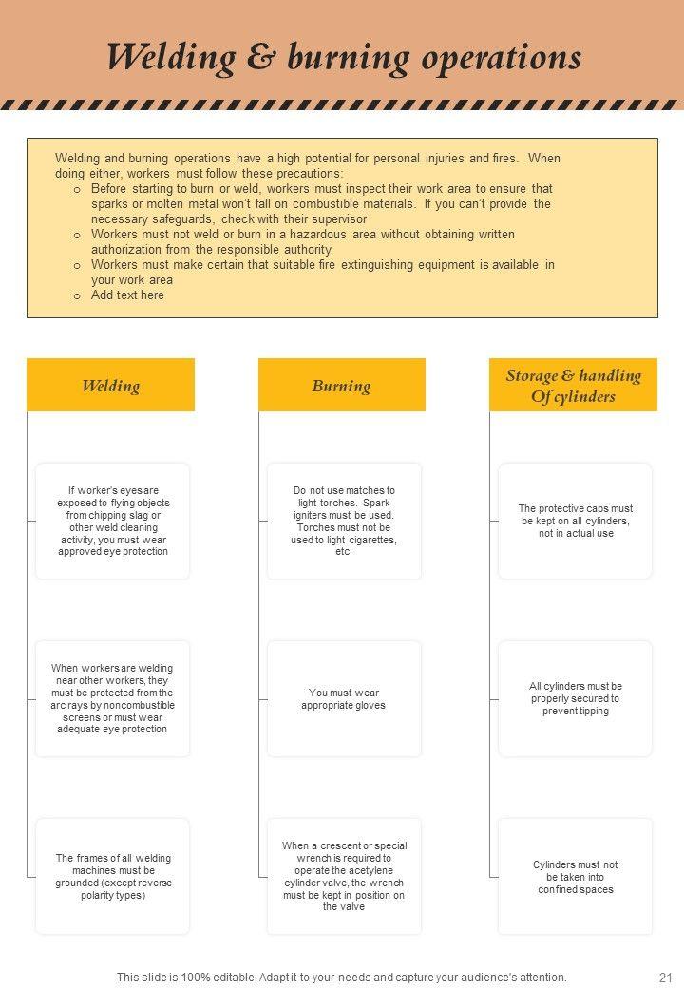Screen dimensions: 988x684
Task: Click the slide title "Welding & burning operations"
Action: [x=343, y=57]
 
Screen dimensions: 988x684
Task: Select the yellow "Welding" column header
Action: [x=110, y=386]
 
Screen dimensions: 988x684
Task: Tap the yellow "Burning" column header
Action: [x=341, y=386]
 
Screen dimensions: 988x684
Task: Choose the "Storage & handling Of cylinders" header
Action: [x=573, y=386]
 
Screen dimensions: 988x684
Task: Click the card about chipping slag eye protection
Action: [x=112, y=521]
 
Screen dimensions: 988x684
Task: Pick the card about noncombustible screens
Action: [x=112, y=698]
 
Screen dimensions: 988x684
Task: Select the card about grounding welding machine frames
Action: [x=112, y=876]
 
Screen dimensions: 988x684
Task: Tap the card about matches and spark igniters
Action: [x=344, y=521]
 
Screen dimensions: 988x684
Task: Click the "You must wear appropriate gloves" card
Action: [x=344, y=698]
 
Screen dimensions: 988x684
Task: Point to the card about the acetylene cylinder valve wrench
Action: [x=344, y=876]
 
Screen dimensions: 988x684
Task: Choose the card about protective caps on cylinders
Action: [x=575, y=521]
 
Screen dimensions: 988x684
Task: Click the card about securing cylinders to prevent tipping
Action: [x=575, y=698]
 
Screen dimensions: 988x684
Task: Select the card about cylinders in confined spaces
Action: [x=575, y=876]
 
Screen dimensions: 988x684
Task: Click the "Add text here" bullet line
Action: [x=127, y=295]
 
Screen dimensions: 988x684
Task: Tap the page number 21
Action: [x=664, y=977]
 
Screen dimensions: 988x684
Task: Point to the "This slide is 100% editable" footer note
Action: [x=341, y=977]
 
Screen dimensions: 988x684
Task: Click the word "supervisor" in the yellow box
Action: [x=337, y=219]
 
